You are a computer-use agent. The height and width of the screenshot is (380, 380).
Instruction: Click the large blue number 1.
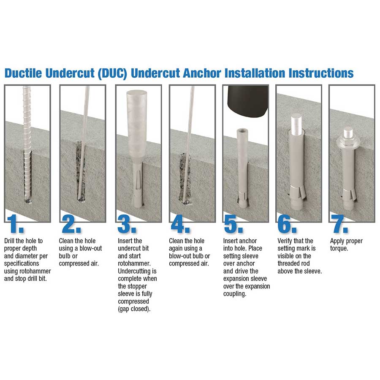click(x=15, y=225)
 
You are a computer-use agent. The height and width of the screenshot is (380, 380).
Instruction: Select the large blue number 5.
click(x=233, y=225)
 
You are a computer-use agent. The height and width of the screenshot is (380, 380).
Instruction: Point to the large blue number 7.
click(x=340, y=225)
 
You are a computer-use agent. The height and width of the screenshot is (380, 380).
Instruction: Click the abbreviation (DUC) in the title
click(x=112, y=73)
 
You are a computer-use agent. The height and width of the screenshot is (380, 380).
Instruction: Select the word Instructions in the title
click(x=321, y=73)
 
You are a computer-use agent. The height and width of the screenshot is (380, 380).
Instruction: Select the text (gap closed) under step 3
click(x=134, y=309)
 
